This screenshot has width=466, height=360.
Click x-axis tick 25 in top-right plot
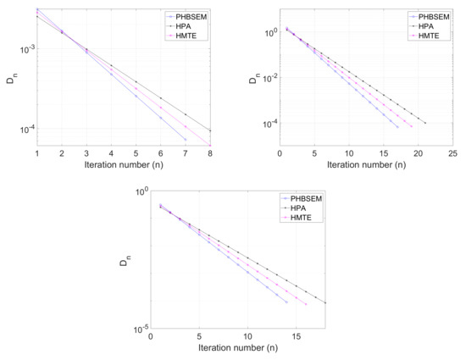coord(452,153)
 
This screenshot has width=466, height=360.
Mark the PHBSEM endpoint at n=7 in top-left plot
coord(186,140)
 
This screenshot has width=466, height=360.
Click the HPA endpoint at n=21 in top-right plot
coord(425,124)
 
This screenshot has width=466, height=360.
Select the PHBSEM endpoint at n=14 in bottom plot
coord(287,302)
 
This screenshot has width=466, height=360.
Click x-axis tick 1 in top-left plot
coord(37,153)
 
